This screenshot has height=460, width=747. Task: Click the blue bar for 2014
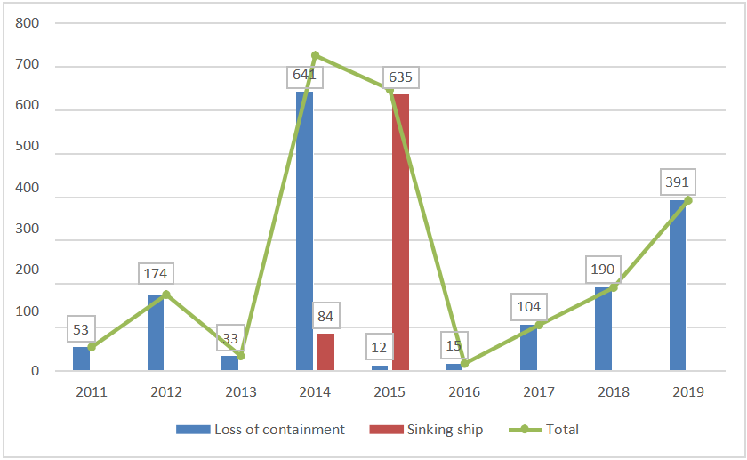click(304, 230)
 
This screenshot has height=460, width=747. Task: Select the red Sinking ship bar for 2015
click(400, 231)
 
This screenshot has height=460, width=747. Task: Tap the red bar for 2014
click(325, 351)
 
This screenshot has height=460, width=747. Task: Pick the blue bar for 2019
click(678, 285)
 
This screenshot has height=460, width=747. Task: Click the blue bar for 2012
click(155, 332)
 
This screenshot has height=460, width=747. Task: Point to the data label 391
click(678, 182)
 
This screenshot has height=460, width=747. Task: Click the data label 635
click(400, 77)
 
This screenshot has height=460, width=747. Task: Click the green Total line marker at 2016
click(464, 363)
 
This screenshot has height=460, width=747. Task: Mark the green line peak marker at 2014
click(315, 55)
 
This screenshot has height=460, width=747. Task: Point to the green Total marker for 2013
click(240, 356)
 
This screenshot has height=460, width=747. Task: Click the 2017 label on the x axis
click(539, 391)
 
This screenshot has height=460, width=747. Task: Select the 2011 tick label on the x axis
click(91, 391)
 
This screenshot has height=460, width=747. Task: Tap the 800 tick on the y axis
click(28, 23)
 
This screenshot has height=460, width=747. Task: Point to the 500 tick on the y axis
click(28, 154)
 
